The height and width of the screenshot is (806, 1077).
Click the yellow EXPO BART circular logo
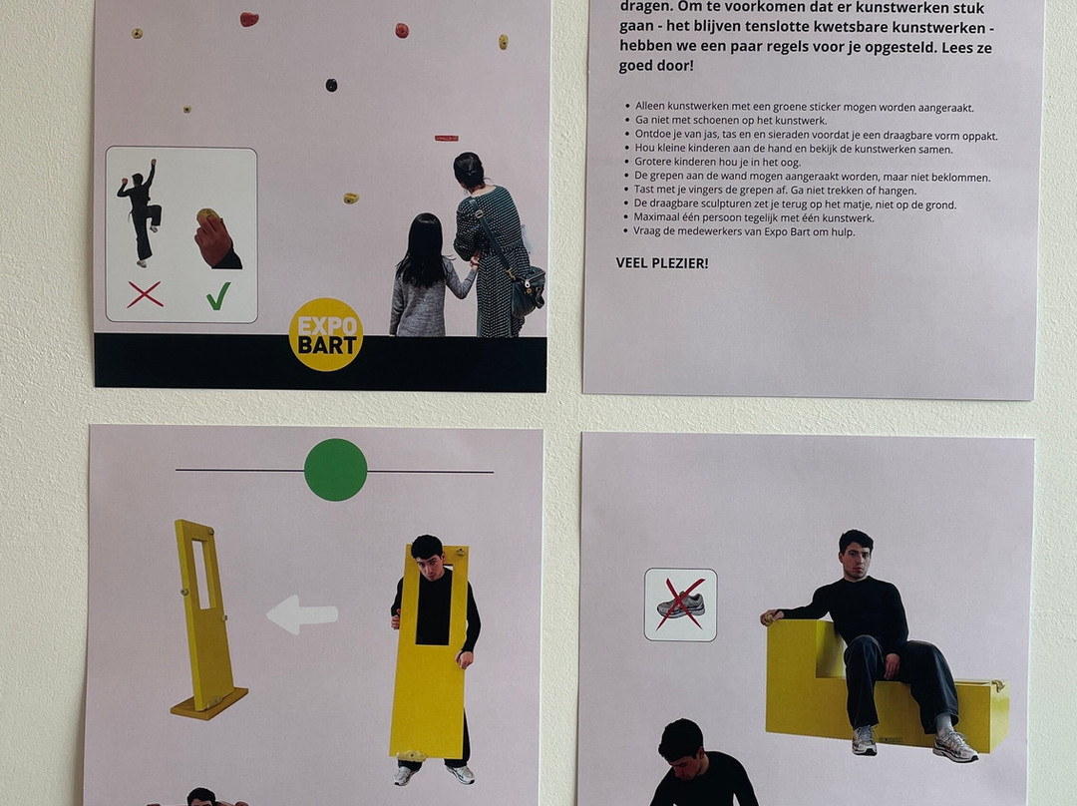pyautogui.click(x=326, y=334)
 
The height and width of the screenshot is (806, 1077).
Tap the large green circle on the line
pyautogui.click(x=336, y=470)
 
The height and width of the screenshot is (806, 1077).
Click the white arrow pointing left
pyautogui.click(x=302, y=613)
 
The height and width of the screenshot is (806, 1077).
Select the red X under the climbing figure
pyautogui.click(x=145, y=295)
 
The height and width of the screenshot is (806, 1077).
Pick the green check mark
pyautogui.click(x=218, y=296)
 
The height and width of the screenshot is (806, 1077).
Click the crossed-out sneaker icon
pyautogui.click(x=681, y=604)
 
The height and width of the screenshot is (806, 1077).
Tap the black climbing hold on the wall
pyautogui.click(x=331, y=85)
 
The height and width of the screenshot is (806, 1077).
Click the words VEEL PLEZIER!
pyautogui.click(x=662, y=263)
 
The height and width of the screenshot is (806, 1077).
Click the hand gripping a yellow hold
pyautogui.click(x=216, y=238)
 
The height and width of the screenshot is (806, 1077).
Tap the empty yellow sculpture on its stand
pyautogui.click(x=206, y=619)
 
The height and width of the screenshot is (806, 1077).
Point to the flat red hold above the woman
pyautogui.click(x=447, y=138)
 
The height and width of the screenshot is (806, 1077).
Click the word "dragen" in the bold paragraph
pyautogui.click(x=648, y=9)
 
